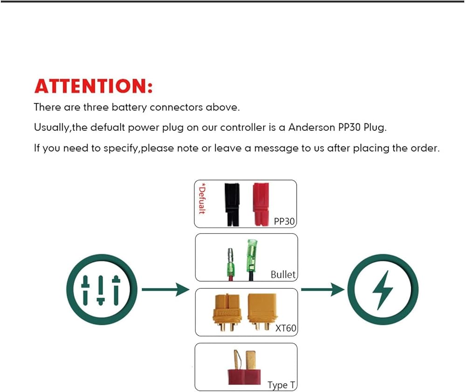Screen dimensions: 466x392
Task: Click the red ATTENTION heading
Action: click(94, 86)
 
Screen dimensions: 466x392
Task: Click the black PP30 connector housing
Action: click(232, 204)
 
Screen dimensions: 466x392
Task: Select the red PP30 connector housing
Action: click(261, 204)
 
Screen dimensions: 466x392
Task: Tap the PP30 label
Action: click(284, 221)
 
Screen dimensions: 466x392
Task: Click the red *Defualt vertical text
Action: click(202, 199)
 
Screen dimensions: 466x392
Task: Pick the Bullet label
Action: click(283, 274)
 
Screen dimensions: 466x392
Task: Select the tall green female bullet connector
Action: click(252, 260)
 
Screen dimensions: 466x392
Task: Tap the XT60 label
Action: click(286, 328)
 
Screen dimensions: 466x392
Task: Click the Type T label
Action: click(281, 385)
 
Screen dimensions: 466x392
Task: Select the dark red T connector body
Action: click(244, 377)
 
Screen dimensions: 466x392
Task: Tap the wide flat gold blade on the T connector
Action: click(251, 360)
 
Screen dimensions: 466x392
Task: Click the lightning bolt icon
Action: click(383, 290)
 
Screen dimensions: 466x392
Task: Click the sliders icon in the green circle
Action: click(101, 291)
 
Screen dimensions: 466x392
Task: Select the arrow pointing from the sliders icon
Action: click(165, 290)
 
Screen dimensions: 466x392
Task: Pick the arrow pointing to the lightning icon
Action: click(323, 290)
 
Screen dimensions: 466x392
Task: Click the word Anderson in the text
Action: click(312, 128)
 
